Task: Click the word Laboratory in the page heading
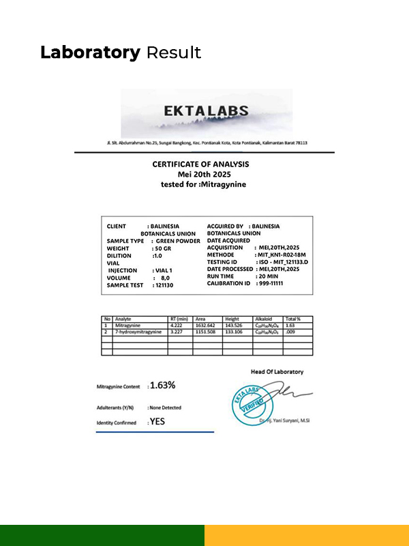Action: tap(90, 53)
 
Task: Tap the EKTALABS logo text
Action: tap(206, 111)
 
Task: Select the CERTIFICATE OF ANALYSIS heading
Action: tap(200, 164)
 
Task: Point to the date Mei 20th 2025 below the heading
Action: tap(200, 174)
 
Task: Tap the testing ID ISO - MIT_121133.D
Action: tap(282, 263)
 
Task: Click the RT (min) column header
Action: tap(180, 319)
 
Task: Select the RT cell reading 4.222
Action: tap(177, 326)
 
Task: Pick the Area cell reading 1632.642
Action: tap(205, 326)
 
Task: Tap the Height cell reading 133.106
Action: tap(234, 332)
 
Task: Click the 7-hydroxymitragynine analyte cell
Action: tap(138, 332)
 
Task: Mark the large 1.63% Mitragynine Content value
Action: tap(162, 385)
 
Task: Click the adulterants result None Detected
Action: tap(165, 407)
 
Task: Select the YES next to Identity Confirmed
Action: tap(157, 422)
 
